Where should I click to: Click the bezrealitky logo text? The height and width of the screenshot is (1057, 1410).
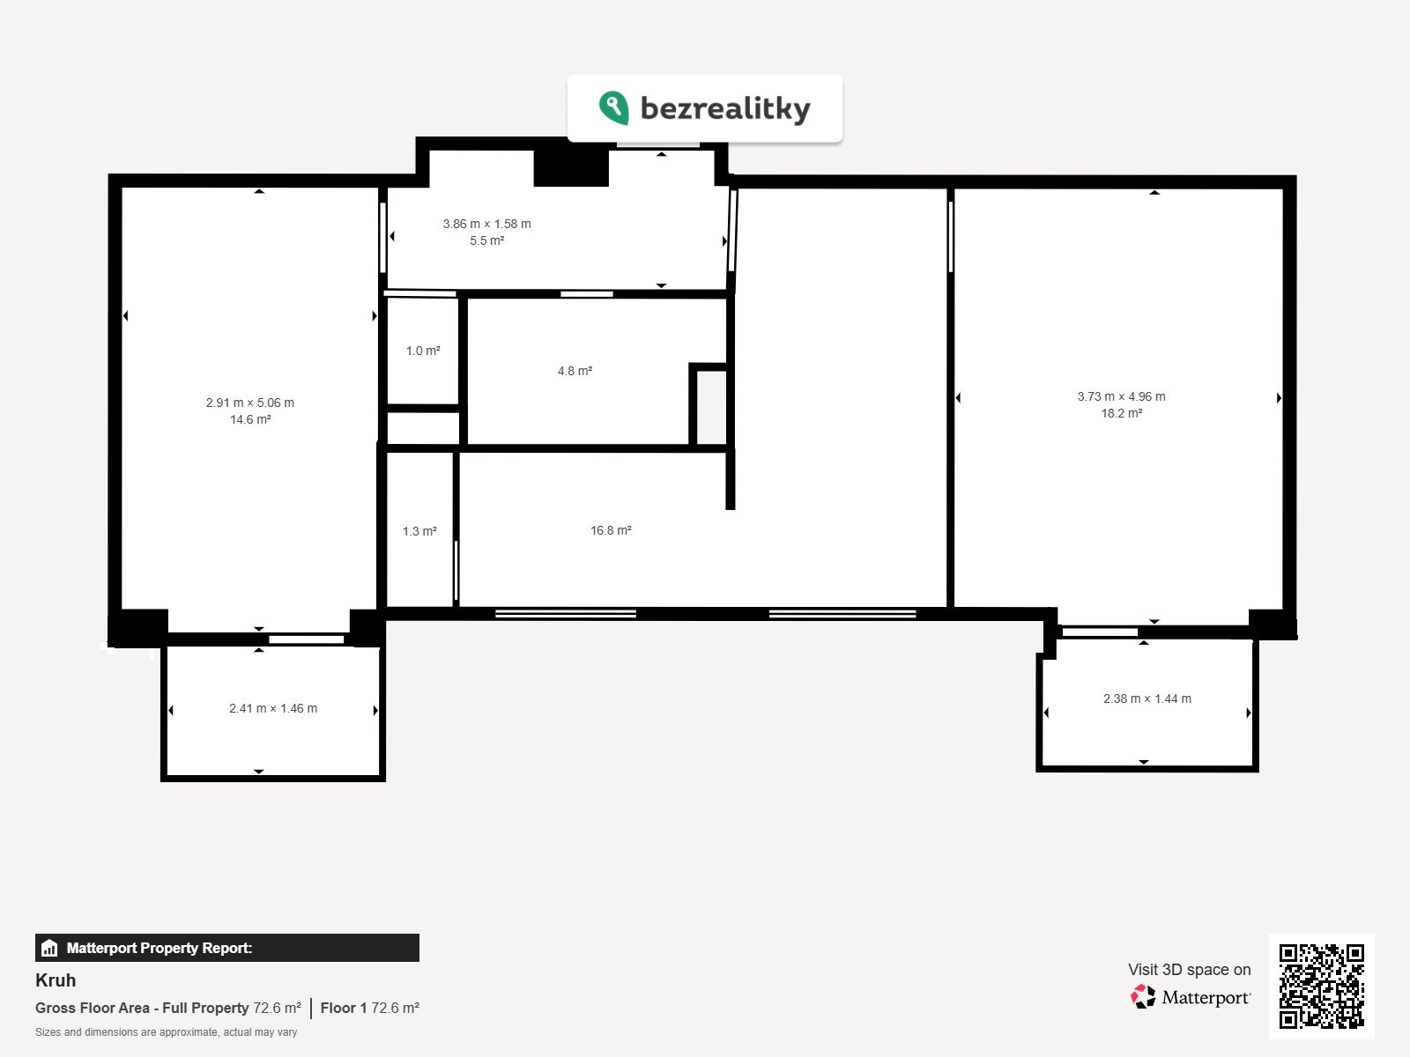click(x=725, y=107)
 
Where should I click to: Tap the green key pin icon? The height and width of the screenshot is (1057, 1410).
click(x=613, y=107)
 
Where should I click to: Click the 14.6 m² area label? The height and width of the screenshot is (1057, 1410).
click(x=250, y=420)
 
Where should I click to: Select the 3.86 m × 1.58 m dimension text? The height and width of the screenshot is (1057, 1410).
click(x=487, y=224)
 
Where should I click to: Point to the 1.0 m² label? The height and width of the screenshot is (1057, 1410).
click(x=423, y=351)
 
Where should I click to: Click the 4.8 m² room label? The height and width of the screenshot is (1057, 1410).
click(x=575, y=371)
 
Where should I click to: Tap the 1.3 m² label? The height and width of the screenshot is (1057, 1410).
click(x=419, y=531)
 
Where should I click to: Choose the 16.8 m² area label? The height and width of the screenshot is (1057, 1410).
click(x=611, y=531)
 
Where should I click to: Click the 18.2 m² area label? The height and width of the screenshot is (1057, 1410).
click(x=1122, y=413)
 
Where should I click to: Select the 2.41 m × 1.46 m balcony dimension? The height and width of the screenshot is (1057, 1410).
click(x=273, y=708)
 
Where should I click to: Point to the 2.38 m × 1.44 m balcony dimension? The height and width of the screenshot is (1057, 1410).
click(x=1147, y=699)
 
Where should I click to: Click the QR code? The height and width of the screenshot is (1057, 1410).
click(x=1321, y=986)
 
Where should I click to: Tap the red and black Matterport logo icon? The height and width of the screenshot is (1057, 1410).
click(x=1143, y=997)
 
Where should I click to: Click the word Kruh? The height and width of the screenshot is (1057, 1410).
click(x=56, y=980)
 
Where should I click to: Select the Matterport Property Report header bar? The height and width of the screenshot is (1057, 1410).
click(x=227, y=948)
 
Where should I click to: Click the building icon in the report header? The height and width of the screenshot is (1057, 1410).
click(x=49, y=948)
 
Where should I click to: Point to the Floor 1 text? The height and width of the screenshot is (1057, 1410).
click(x=344, y=1009)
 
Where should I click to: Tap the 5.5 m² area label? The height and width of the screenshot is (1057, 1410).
click(x=487, y=240)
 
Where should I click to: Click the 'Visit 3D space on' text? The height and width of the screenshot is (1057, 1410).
click(x=1190, y=970)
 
